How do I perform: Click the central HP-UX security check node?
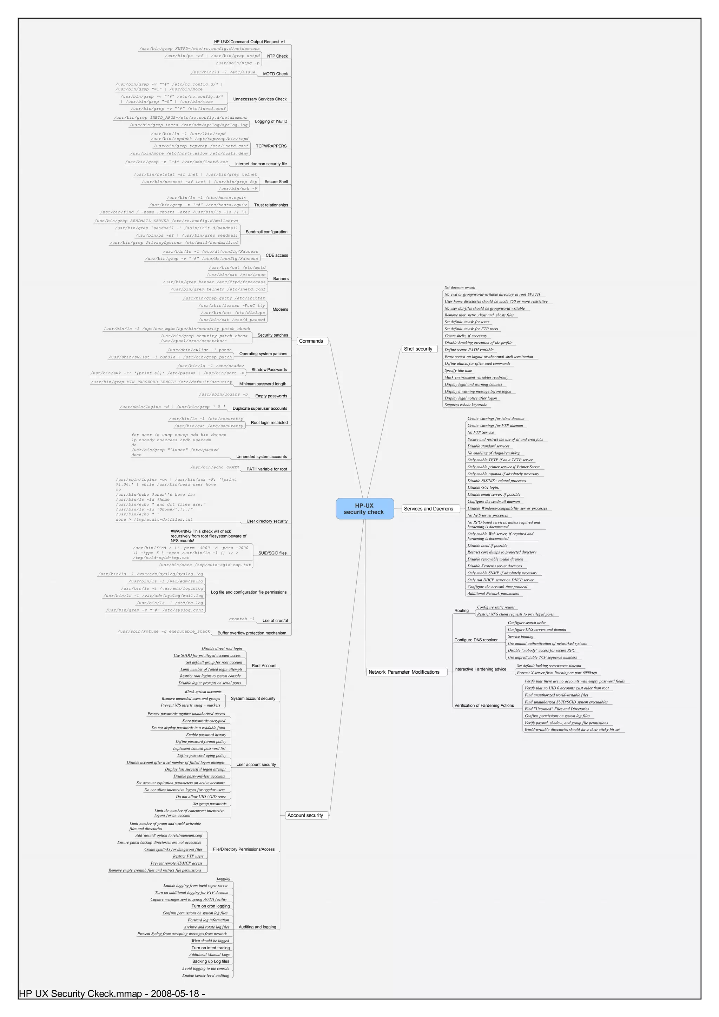pos(364,508)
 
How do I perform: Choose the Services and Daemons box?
pos(428,509)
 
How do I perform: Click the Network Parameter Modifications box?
pos(404,672)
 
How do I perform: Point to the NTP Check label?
pos(277,56)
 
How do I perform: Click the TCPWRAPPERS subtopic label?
pos(271,146)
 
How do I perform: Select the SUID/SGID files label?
pos(272,553)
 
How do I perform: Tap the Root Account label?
pos(264,666)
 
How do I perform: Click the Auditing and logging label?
pos(257,927)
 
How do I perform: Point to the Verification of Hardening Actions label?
pos(484,706)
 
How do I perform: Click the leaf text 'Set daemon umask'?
pos(460,288)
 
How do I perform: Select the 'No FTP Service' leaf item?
pos(481,432)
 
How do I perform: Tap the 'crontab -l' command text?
pos(242,619)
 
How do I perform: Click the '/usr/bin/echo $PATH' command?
pos(215,467)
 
